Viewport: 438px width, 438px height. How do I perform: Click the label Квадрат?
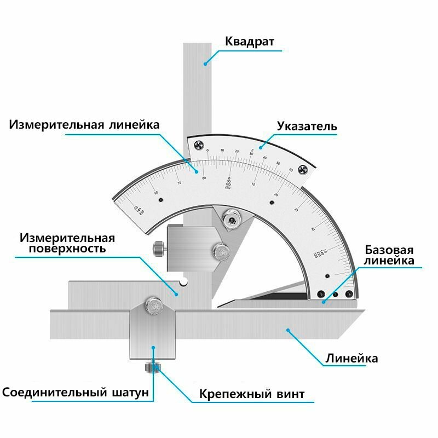click(250, 42)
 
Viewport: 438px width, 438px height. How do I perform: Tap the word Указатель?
click(307, 126)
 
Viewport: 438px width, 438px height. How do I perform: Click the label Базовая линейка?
click(389, 255)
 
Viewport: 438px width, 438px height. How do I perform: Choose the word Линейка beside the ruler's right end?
click(352, 359)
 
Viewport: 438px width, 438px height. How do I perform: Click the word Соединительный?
click(54, 393)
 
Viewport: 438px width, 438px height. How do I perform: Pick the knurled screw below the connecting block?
click(152, 368)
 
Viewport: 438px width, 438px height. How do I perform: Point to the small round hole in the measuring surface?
click(185, 283)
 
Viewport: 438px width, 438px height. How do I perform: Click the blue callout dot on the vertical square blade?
click(205, 63)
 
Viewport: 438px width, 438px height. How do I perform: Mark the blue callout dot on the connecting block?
click(153, 347)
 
